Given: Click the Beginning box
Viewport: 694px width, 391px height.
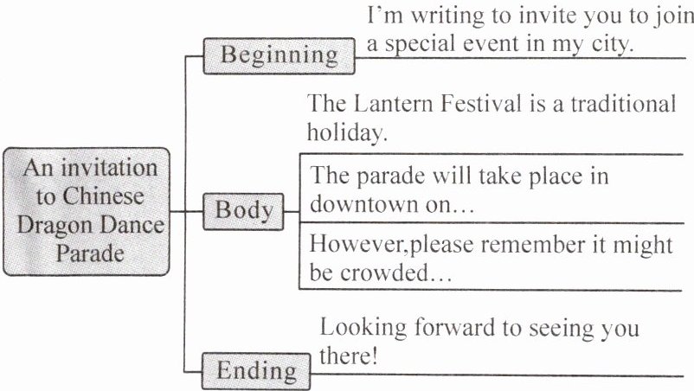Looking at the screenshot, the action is click(279, 54).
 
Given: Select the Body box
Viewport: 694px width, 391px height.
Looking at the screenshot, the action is click(243, 210).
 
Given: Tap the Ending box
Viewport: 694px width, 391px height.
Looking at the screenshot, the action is click(254, 372).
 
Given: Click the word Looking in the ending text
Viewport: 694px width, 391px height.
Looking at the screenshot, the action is click(361, 329).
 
